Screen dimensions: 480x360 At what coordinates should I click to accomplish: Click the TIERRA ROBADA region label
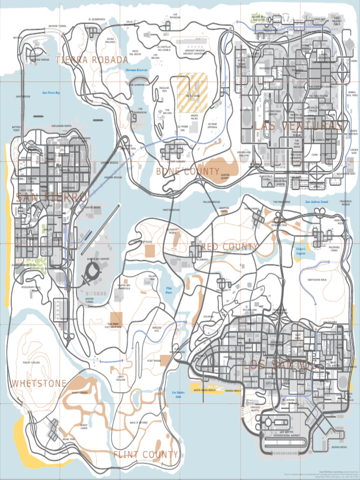[x=92, y=60]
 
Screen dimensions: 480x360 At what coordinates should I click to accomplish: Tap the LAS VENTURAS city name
[x=298, y=126]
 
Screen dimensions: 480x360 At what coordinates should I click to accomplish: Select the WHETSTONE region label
[x=39, y=383]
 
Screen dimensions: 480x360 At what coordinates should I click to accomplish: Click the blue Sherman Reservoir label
[x=136, y=70]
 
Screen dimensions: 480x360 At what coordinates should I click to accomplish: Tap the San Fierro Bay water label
[x=51, y=93]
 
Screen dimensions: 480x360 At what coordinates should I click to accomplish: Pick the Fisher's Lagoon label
[x=301, y=251]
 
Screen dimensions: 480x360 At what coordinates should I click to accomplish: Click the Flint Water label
[x=169, y=290]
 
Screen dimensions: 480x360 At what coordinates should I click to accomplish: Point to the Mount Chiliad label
[x=31, y=362]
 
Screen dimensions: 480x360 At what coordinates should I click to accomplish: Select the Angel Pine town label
[x=68, y=439]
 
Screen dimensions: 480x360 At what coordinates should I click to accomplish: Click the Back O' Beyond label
[x=138, y=422]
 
